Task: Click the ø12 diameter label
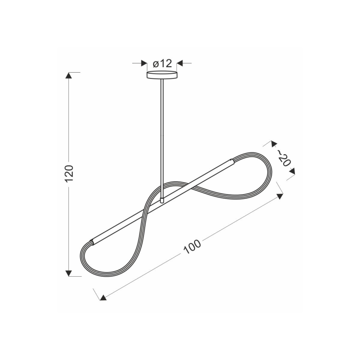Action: tap(162, 63)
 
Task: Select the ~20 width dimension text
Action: tap(282, 158)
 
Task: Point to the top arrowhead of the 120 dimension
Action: tap(69, 75)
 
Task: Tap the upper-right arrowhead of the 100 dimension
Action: tap(280, 195)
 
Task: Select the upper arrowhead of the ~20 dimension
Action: tap(273, 144)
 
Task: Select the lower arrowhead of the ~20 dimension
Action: tap(292, 170)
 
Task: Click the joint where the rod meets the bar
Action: tap(162, 200)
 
